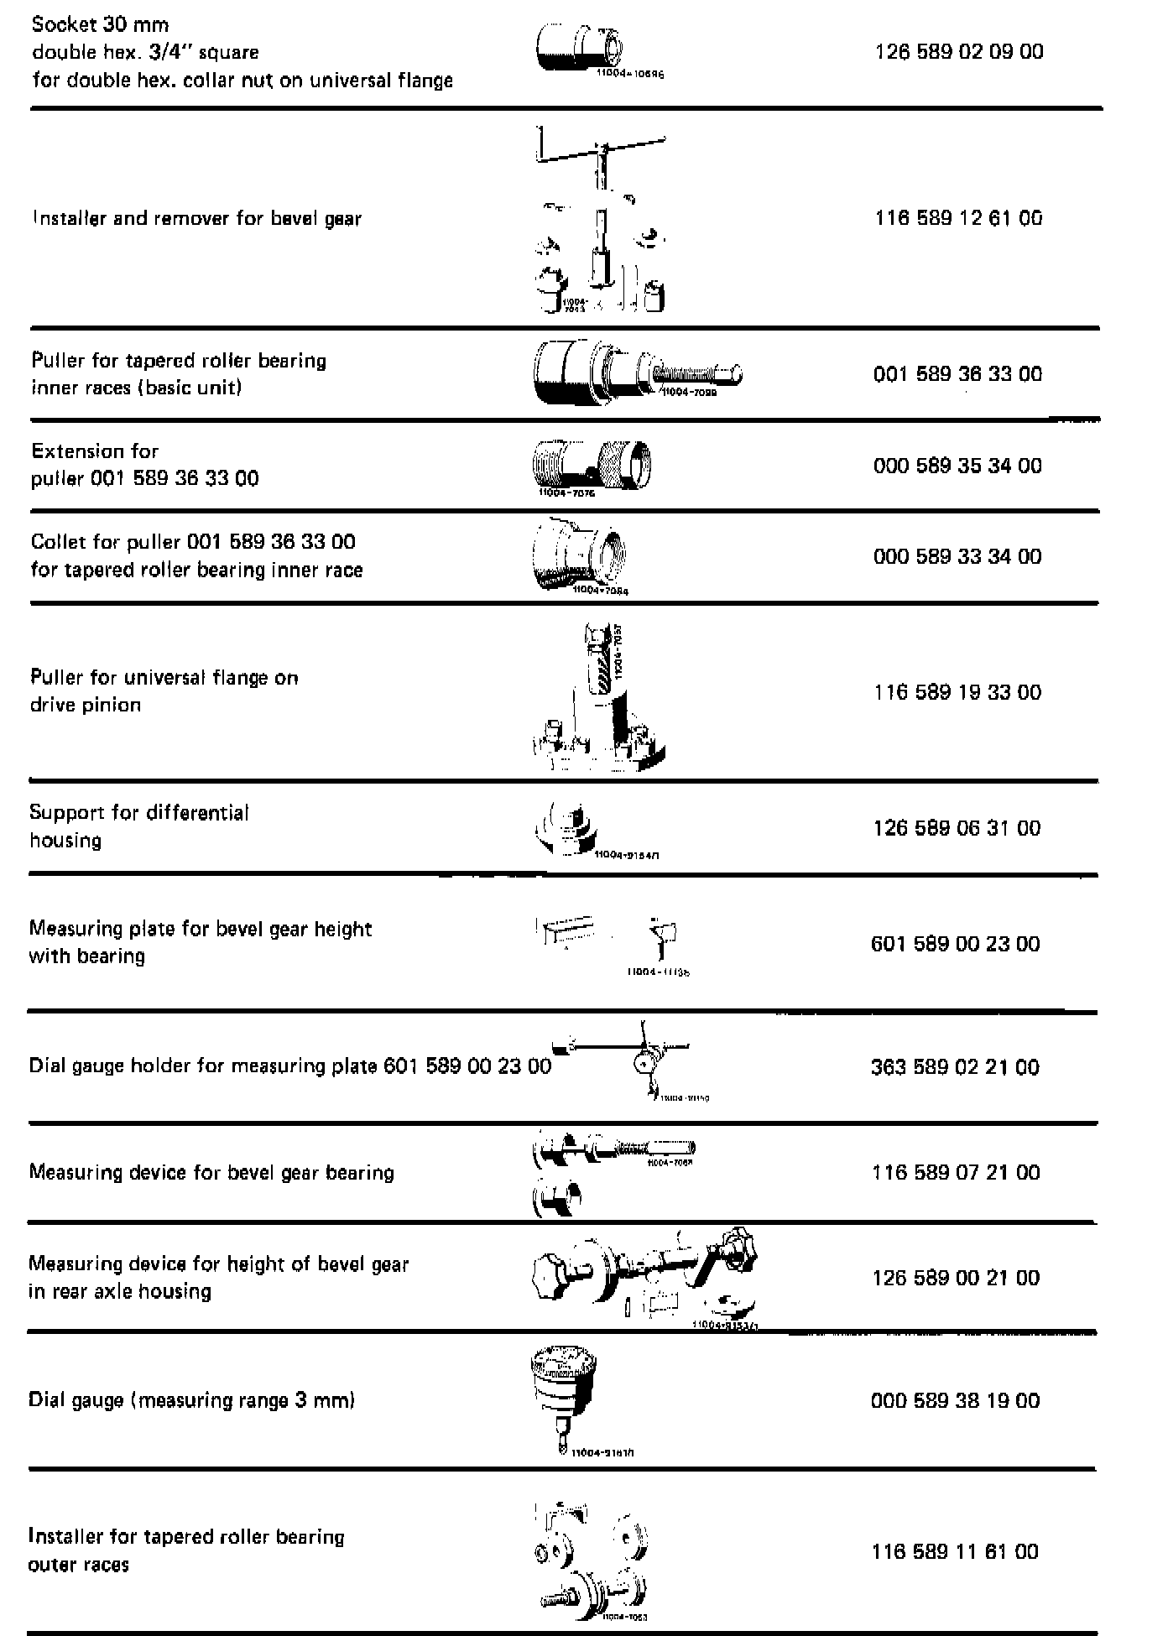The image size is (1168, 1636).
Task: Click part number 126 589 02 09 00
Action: pyautogui.click(x=959, y=52)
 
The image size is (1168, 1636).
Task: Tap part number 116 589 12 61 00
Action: pyautogui.click(x=958, y=218)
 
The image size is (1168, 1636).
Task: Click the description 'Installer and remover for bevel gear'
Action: pyautogui.click(x=196, y=219)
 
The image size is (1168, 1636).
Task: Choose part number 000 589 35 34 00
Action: pyautogui.click(x=957, y=466)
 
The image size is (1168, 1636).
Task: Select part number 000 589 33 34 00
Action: pyautogui.click(x=957, y=556)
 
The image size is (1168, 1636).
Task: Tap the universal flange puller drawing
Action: pyautogui.click(x=600, y=701)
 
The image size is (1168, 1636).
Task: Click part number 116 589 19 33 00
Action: pyautogui.click(x=957, y=692)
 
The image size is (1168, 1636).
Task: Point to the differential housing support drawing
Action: pyautogui.click(x=567, y=829)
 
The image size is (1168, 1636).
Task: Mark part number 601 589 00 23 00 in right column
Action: pyautogui.click(x=955, y=945)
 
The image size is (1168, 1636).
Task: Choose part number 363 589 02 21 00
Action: pyautogui.click(x=955, y=1067)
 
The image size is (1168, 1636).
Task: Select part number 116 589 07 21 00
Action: pyautogui.click(x=956, y=1172)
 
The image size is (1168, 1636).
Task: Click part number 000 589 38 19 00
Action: pyautogui.click(x=955, y=1400)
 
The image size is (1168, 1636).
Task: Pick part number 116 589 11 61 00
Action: pyautogui.click(x=955, y=1551)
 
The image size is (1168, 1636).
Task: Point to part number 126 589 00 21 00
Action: pyautogui.click(x=956, y=1278)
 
